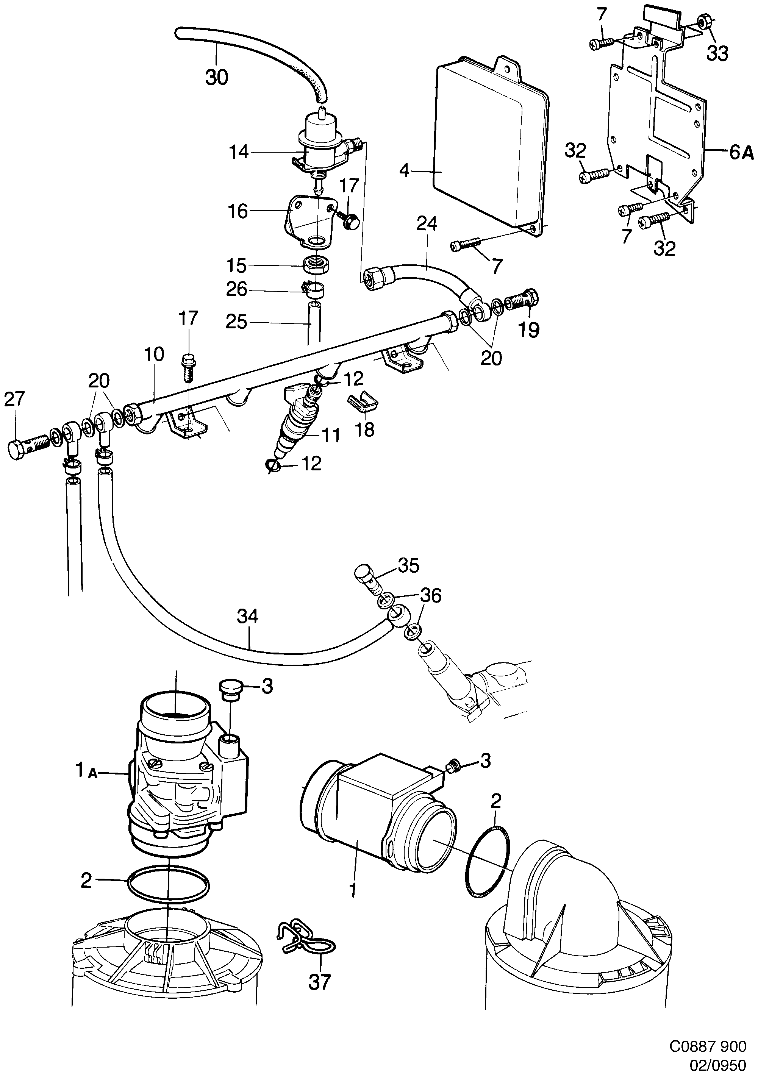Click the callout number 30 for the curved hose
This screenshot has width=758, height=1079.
pos(217,77)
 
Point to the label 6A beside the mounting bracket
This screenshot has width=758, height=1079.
pos(741,153)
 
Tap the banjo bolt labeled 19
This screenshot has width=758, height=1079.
pos(524,299)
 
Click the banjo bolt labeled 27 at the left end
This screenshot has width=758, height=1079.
pos(27,444)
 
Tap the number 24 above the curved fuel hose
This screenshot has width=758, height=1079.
pos(426,224)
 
